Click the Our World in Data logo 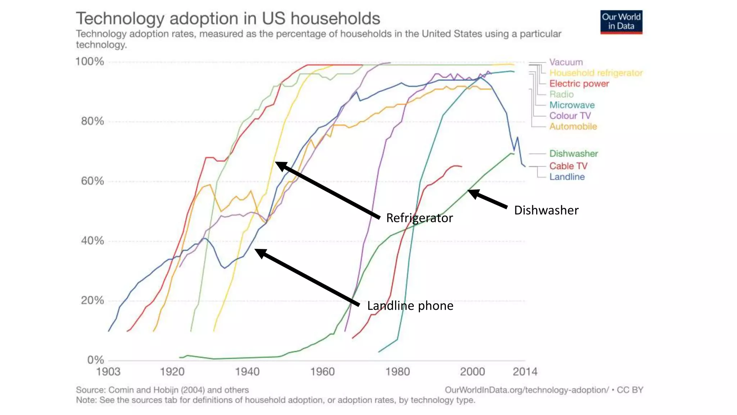[x=621, y=22]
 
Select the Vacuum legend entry [x=566, y=62]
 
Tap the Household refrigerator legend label [x=596, y=73]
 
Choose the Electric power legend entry [x=579, y=84]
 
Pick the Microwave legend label [x=572, y=105]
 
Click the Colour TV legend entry [x=570, y=116]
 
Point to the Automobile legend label [x=573, y=126]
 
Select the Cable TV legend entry [x=568, y=166]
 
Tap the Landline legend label [x=567, y=177]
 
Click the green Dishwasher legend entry [x=573, y=154]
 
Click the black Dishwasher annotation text [x=546, y=210]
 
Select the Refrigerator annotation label [x=419, y=218]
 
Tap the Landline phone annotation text [x=410, y=306]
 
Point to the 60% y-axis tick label [x=92, y=181]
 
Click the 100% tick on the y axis [x=90, y=62]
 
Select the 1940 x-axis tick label [x=247, y=371]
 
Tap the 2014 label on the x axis [x=525, y=371]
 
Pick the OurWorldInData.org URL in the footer [x=527, y=390]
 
